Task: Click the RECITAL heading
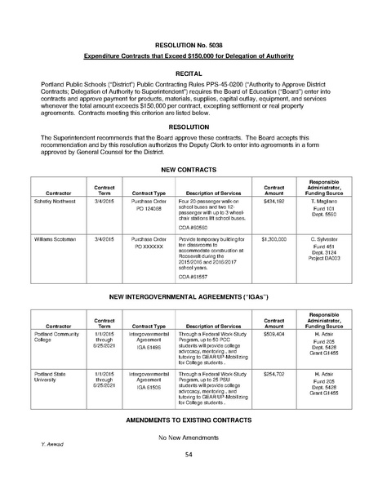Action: [x=188, y=71]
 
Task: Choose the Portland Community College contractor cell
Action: [x=58, y=336]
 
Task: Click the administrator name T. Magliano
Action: [x=325, y=200]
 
